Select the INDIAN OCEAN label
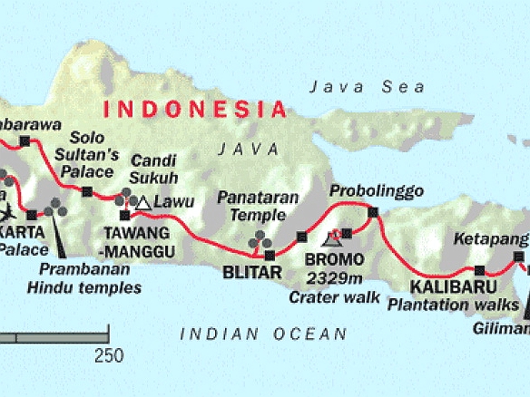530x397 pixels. tap(263, 334)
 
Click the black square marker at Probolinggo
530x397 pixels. tap(372, 212)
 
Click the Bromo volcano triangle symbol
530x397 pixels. tap(333, 237)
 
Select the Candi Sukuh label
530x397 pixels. tap(153, 169)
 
